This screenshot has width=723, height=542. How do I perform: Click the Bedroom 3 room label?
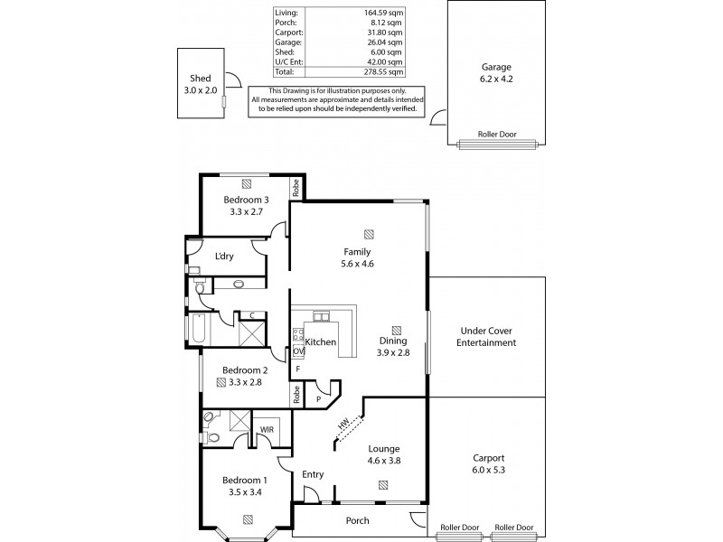[247, 200]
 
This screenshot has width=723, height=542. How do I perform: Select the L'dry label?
[224, 257]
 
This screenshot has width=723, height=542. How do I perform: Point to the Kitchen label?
[321, 342]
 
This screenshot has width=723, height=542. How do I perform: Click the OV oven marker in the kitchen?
[297, 350]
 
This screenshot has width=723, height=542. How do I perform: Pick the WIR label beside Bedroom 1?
[267, 430]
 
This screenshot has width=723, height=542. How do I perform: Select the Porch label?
[358, 520]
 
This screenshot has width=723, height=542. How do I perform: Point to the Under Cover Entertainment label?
[486, 336]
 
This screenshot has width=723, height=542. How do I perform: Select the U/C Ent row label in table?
[288, 61]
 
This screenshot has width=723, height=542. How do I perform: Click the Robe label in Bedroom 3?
[296, 188]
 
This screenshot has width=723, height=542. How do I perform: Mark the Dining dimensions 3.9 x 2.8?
[393, 352]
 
